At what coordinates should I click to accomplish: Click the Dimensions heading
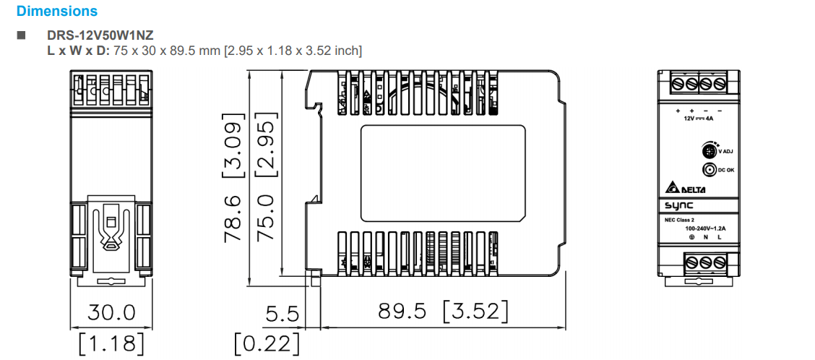tap(56, 12)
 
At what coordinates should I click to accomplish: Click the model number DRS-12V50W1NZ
tap(100, 35)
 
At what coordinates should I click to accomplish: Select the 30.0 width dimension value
tap(111, 312)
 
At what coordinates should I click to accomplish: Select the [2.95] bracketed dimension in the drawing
tap(267, 145)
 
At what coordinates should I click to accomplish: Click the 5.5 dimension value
tap(283, 314)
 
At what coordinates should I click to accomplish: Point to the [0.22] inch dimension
tap(267, 343)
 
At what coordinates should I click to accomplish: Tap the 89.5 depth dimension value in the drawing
tap(404, 312)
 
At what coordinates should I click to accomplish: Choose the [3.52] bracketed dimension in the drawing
tap(475, 312)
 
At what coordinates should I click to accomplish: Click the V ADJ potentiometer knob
tap(709, 152)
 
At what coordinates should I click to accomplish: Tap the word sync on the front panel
tap(680, 206)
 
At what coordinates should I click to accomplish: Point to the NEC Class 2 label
tap(681, 220)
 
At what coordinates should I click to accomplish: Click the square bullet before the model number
tap(20, 35)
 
